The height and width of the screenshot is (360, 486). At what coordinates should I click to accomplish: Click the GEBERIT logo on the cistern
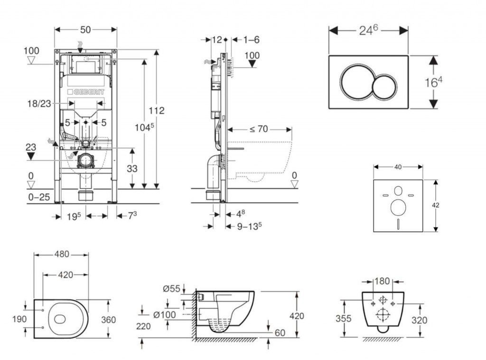(x=85, y=92)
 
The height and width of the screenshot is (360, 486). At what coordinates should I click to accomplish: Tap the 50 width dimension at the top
(x=85, y=29)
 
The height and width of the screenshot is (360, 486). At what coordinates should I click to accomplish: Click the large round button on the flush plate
(x=356, y=81)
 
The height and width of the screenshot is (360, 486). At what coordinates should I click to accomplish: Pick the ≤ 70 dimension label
(x=259, y=129)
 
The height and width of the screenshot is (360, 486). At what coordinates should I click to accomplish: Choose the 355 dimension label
(x=344, y=318)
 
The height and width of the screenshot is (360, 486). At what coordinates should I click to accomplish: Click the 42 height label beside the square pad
(x=436, y=205)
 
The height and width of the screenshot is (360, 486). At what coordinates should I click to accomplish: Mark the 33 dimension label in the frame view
(x=132, y=168)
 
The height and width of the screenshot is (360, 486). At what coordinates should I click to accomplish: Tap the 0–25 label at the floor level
(x=39, y=197)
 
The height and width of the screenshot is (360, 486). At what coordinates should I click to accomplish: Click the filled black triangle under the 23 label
(x=31, y=156)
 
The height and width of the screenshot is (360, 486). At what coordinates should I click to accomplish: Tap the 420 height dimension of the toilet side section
(x=297, y=316)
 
